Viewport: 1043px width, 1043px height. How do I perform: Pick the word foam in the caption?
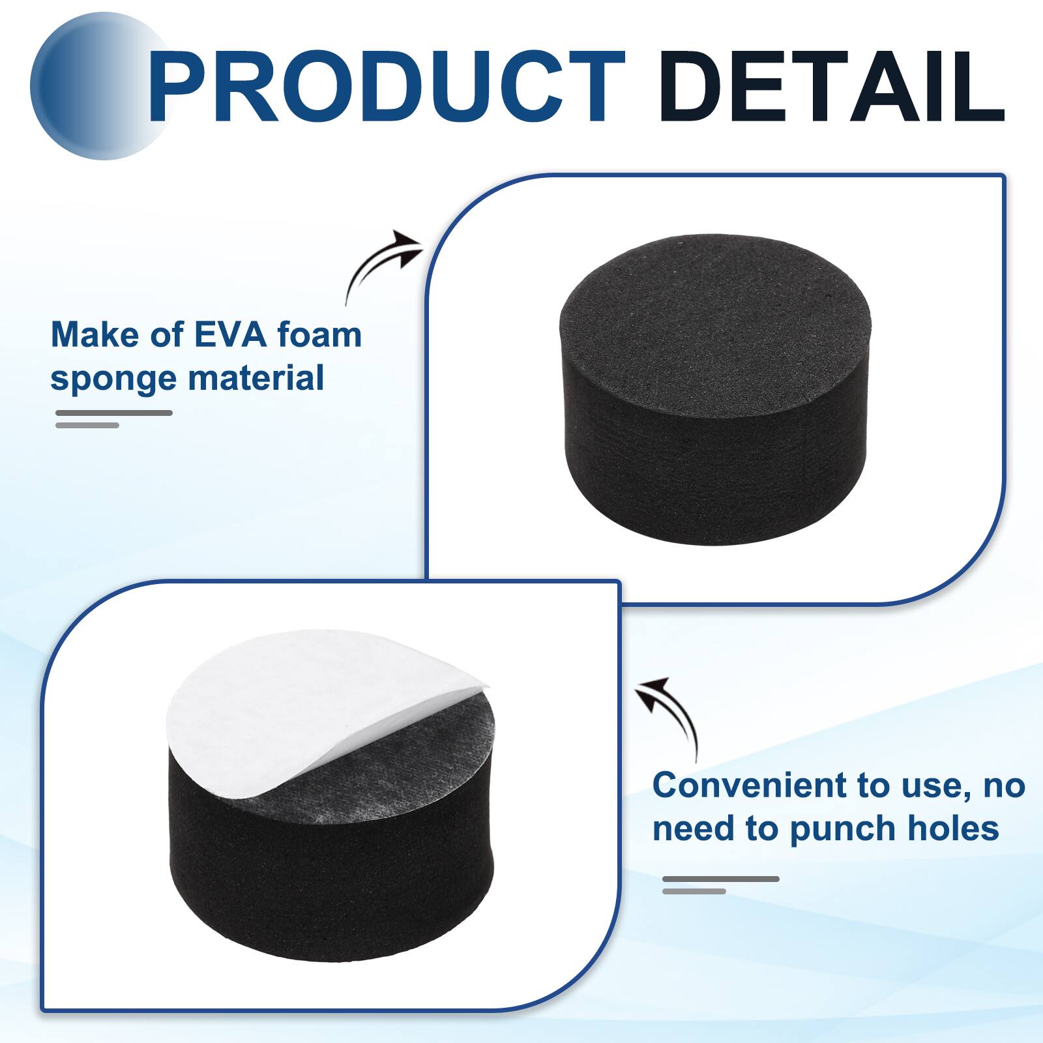pos(319,335)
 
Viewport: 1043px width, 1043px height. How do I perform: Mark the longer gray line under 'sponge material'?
pos(114,413)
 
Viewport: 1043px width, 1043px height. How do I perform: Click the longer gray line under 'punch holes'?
pos(720,879)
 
